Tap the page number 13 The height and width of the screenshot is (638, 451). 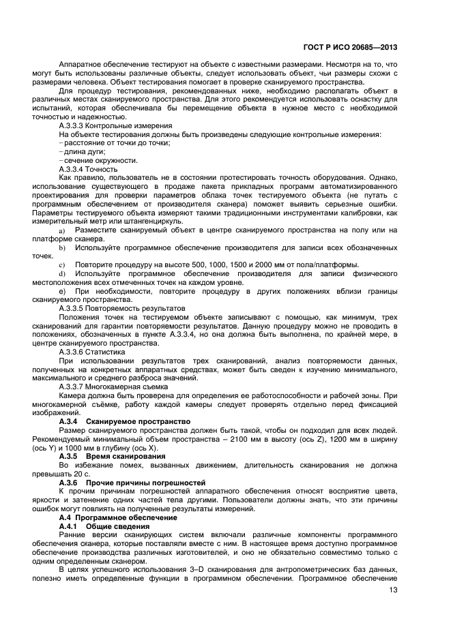[394, 591]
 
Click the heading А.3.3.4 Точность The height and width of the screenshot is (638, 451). [89, 168]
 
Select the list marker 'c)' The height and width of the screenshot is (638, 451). [62, 264]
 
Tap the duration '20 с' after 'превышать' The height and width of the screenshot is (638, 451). [81, 474]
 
